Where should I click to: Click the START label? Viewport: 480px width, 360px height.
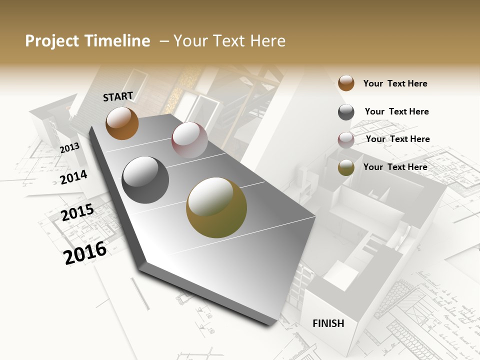[x=118, y=96]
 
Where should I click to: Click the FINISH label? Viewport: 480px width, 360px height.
[x=328, y=323]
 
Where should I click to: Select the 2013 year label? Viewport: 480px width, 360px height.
[x=69, y=148]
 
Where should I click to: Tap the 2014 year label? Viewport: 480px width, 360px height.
[x=73, y=177]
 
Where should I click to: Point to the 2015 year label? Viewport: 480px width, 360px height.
[x=77, y=212]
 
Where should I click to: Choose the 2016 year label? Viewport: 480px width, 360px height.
[x=85, y=252]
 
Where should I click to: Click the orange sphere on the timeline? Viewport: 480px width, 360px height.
[x=122, y=123]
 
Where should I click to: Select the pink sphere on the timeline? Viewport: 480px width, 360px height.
[x=189, y=140]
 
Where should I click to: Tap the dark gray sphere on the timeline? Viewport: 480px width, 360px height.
[x=145, y=180]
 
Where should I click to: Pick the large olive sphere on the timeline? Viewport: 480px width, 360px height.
[x=216, y=207]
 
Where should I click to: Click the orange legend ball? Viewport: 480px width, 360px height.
[x=346, y=83]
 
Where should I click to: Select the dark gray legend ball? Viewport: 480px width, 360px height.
[x=346, y=112]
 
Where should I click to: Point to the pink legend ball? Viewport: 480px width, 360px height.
[x=346, y=140]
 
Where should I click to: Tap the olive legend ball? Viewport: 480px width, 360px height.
[x=346, y=168]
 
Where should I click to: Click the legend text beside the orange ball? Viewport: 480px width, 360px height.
[x=395, y=83]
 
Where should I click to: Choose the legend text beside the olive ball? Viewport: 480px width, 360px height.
[x=395, y=167]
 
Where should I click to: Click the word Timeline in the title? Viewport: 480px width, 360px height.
[x=117, y=41]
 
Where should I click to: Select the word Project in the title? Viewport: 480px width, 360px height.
[x=51, y=41]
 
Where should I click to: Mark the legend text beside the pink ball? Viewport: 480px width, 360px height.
[x=397, y=139]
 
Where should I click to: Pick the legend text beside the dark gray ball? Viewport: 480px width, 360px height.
[x=396, y=111]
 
